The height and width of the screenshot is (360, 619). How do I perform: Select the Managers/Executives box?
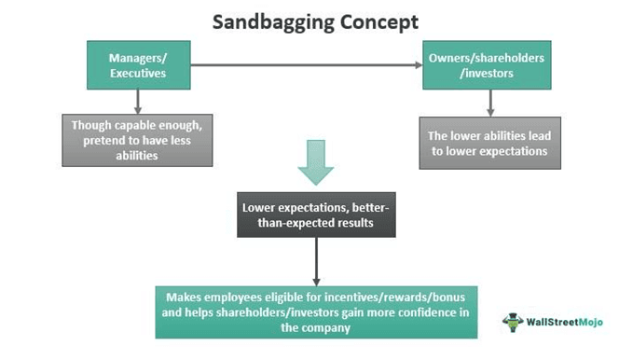[x=137, y=64]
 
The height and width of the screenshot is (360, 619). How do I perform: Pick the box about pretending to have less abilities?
[x=138, y=137]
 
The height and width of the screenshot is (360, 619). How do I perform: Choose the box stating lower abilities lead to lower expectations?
[x=490, y=142]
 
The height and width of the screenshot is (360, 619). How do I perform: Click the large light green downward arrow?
[x=315, y=160]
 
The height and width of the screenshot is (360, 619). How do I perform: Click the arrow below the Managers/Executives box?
[x=138, y=100]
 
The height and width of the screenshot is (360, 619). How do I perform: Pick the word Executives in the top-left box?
[x=138, y=72]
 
